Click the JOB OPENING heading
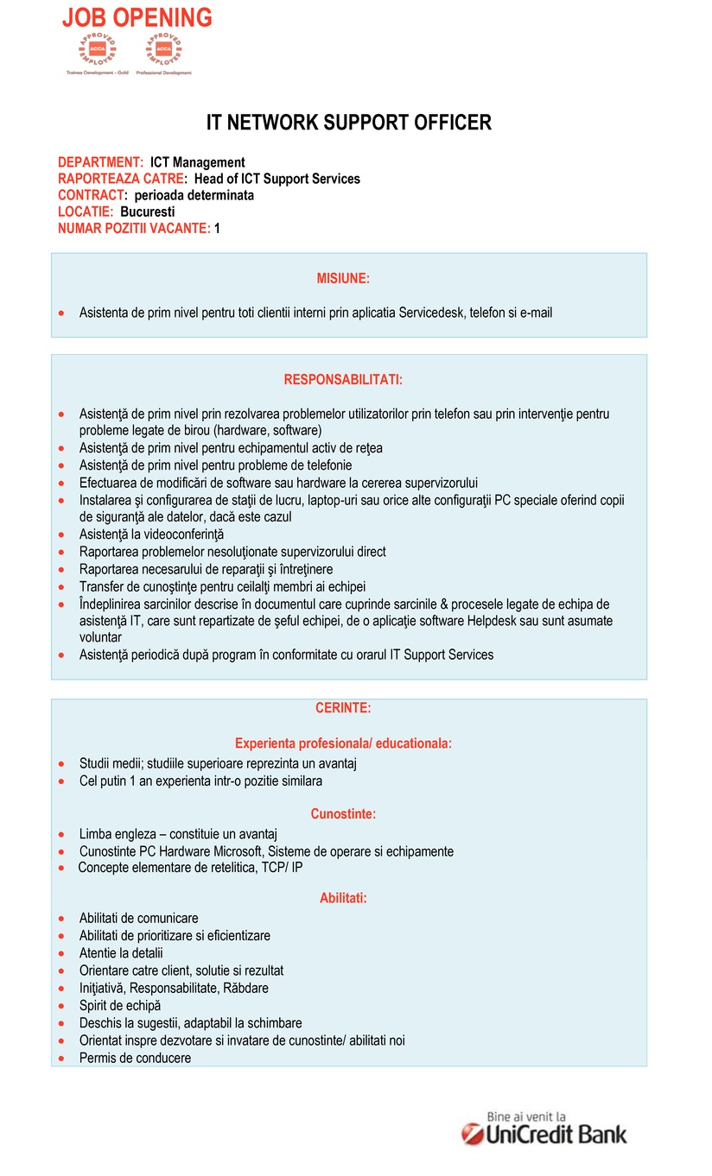pos(137,17)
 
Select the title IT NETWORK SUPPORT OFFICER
pos(348,123)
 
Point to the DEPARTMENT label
pos(100,162)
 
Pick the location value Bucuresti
pos(148,212)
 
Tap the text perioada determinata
pos(194,195)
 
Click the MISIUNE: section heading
pos(343,278)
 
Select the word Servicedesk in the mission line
pos(431,313)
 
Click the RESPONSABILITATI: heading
pos(343,379)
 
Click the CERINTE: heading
pos(343,708)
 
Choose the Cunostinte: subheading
pos(343,813)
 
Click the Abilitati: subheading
pos(343,898)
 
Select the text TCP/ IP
pos(282,868)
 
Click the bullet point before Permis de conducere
pos(61,1059)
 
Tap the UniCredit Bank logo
pos(544,1134)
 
